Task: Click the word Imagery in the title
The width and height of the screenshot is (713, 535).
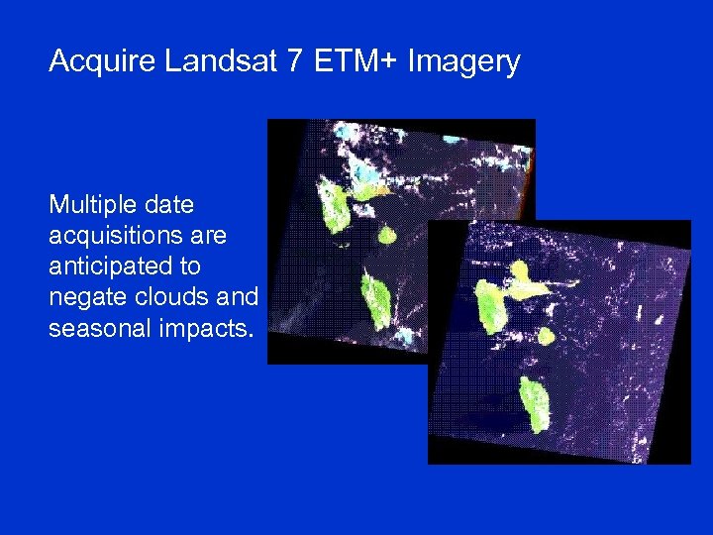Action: coord(465,62)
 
